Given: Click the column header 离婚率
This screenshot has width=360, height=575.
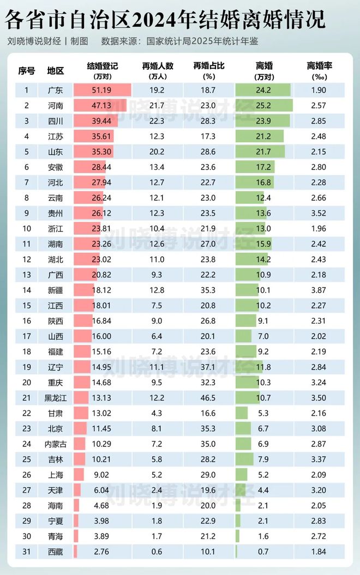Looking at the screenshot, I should click(x=320, y=66).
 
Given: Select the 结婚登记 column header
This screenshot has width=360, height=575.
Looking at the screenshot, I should click(x=102, y=66).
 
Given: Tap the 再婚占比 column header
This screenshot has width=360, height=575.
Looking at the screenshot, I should click(x=208, y=66).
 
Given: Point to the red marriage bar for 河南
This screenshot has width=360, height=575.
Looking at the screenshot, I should click(x=100, y=105).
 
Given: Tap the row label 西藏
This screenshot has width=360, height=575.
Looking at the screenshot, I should click(x=55, y=552).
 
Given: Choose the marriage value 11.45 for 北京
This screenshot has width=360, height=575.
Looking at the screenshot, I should click(x=102, y=429).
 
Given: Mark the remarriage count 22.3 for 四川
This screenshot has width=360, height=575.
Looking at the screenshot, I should click(x=158, y=120).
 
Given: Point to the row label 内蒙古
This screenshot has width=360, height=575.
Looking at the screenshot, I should click(x=55, y=444).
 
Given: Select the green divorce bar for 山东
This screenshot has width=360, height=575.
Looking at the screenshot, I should click(x=260, y=150).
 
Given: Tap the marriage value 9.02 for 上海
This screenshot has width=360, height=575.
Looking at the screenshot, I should click(x=102, y=474).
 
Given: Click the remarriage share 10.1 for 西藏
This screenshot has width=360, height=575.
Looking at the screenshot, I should click(x=208, y=552).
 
